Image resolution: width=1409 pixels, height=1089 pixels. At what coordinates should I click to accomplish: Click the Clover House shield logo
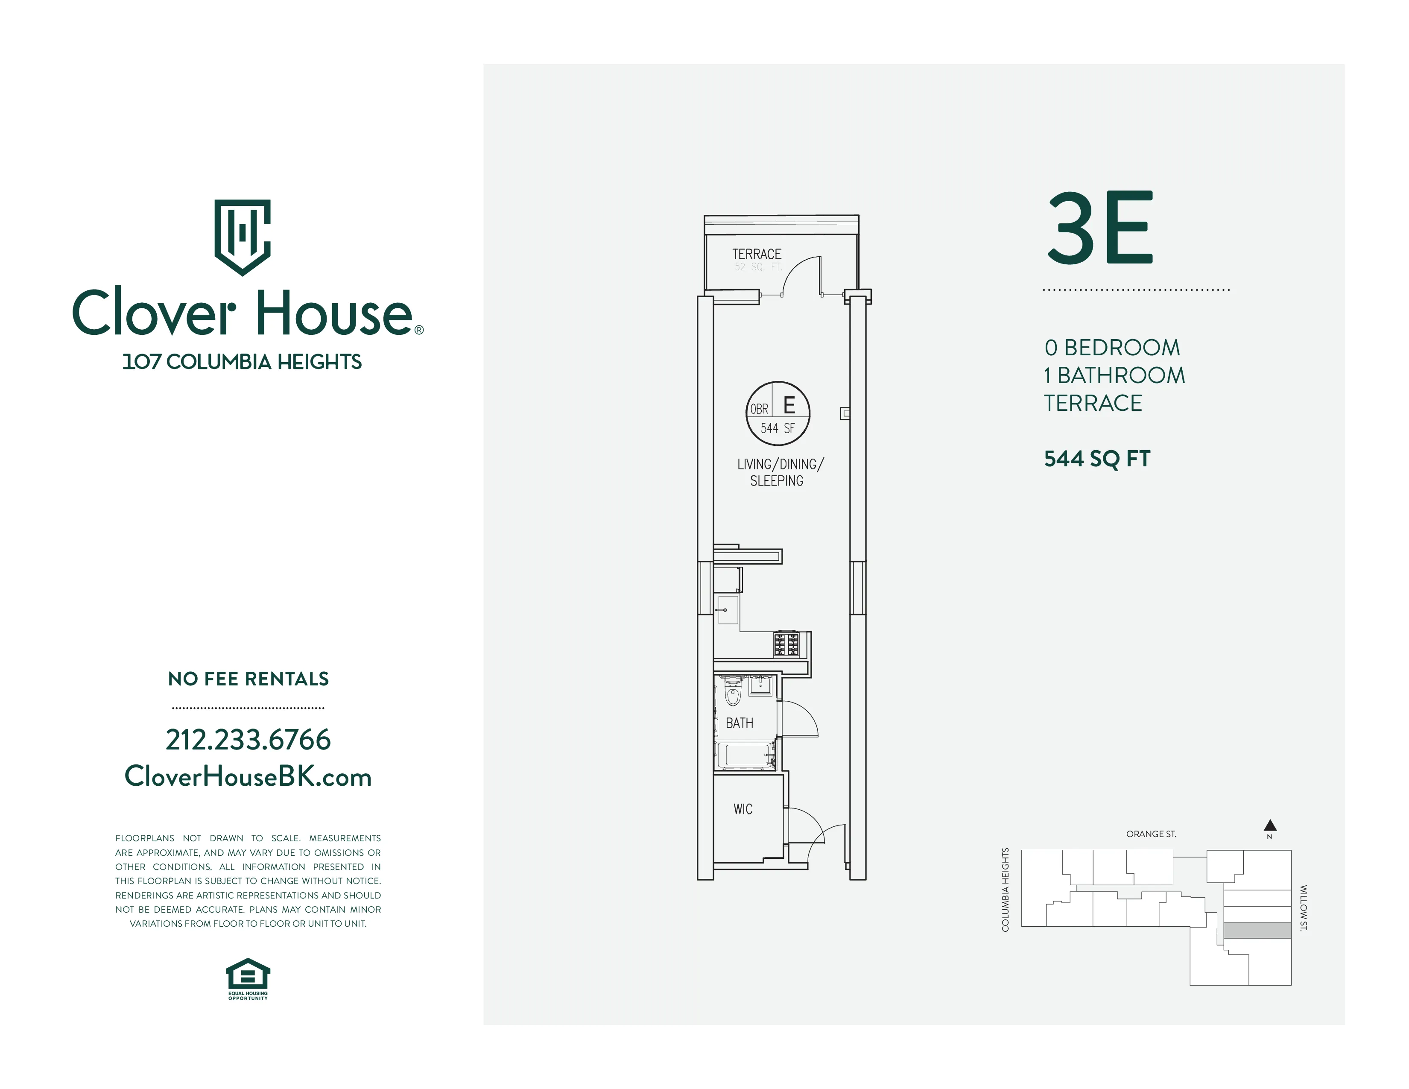pyautogui.click(x=242, y=237)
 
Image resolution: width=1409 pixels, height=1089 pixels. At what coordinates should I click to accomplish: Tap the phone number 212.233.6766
pyautogui.click(x=248, y=739)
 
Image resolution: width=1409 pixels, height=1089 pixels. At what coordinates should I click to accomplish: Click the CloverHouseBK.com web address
pyautogui.click(x=248, y=776)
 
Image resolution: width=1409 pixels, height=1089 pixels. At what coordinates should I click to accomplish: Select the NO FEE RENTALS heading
pyautogui.click(x=248, y=679)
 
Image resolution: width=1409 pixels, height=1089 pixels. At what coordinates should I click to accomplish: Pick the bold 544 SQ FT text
pyautogui.click(x=1097, y=459)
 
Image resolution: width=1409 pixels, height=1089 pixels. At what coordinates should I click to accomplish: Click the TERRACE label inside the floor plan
pyautogui.click(x=756, y=254)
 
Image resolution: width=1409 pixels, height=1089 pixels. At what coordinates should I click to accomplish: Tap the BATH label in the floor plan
pyautogui.click(x=740, y=723)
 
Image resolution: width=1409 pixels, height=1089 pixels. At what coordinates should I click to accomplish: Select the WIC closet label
pyautogui.click(x=743, y=809)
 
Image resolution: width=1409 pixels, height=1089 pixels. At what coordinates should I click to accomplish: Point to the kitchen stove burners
pyautogui.click(x=786, y=644)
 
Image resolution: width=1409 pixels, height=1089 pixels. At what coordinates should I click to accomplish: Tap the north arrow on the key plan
pyautogui.click(x=1270, y=825)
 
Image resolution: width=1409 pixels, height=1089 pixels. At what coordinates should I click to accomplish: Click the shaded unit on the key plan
pyautogui.click(x=1257, y=930)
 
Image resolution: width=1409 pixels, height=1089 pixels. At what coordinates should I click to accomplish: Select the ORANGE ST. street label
pyautogui.click(x=1151, y=834)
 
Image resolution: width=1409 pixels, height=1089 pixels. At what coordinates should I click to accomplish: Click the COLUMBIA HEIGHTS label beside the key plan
pyautogui.click(x=1005, y=890)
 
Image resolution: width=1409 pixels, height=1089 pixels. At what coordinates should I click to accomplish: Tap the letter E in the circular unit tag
pyautogui.click(x=789, y=405)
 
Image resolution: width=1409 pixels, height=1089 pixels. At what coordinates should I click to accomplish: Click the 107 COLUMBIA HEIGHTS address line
pyautogui.click(x=242, y=362)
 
